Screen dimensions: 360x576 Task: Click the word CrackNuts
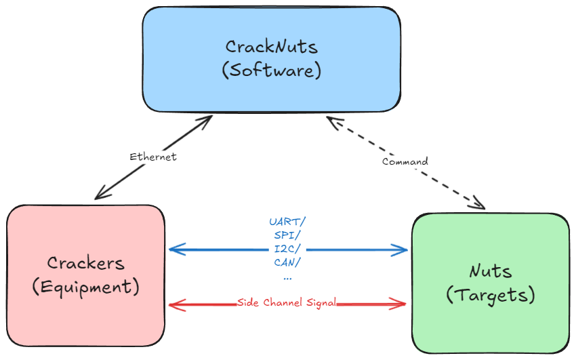click(271, 47)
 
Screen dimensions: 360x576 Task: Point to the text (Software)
click(271, 71)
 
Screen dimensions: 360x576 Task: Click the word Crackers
click(85, 263)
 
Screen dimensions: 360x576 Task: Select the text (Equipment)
click(85, 287)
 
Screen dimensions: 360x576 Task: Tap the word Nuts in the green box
click(491, 271)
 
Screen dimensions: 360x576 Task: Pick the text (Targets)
click(491, 295)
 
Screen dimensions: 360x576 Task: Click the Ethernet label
click(153, 157)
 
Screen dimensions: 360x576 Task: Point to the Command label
click(405, 161)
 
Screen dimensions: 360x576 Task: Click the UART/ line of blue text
click(287, 222)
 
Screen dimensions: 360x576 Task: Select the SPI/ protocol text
click(287, 235)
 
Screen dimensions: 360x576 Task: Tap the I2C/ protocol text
click(287, 249)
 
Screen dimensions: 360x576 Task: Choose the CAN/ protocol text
click(287, 262)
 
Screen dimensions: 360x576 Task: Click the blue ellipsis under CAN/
click(287, 277)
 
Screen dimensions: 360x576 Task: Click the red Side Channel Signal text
click(287, 303)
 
